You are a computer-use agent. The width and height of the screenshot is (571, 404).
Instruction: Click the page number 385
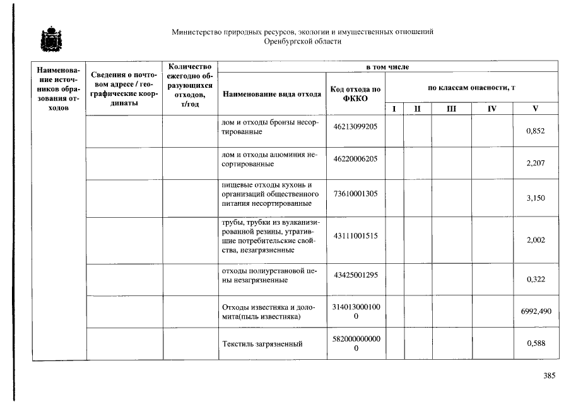[549, 376]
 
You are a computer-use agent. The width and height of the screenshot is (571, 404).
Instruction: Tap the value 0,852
[534, 131]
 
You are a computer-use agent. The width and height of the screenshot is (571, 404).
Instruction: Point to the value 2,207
[534, 163]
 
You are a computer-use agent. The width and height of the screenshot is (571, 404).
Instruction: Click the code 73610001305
[355, 193]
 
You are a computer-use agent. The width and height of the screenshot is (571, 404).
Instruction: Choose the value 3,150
[534, 198]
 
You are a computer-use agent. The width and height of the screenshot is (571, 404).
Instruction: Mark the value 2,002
[534, 241]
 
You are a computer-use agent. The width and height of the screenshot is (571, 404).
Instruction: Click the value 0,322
[534, 280]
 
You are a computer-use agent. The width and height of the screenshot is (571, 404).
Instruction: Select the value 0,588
[534, 344]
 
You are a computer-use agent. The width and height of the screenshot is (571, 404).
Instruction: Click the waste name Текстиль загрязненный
[262, 344]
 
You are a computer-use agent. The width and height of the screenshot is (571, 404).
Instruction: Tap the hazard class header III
[451, 109]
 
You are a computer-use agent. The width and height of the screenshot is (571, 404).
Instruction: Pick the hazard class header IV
[492, 109]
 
